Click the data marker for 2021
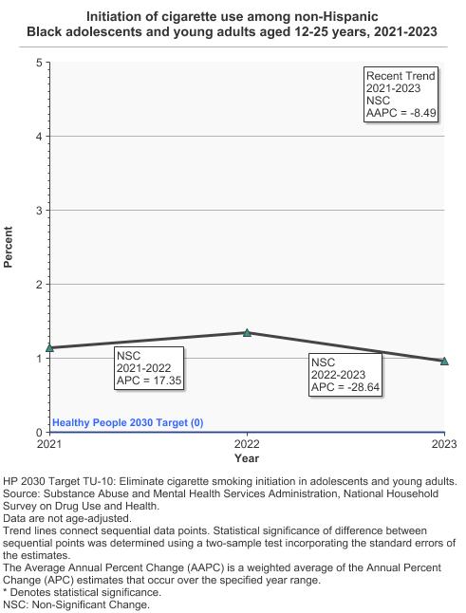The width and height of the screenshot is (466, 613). click(49, 347)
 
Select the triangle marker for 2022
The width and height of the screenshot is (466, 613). click(247, 333)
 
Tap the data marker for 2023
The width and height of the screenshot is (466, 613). click(444, 361)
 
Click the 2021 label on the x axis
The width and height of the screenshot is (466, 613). click(49, 444)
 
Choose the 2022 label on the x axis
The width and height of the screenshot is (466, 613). click(247, 444)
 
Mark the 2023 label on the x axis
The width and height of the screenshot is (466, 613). click(444, 444)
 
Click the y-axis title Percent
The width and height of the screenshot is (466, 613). click(9, 247)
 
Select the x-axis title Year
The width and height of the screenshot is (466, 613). click(247, 459)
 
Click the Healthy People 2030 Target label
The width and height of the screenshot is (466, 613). click(127, 423)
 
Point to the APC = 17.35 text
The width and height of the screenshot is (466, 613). click(148, 381)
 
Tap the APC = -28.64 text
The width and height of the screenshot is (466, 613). click(345, 388)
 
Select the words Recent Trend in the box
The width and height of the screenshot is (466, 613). click(401, 76)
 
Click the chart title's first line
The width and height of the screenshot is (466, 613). click(233, 16)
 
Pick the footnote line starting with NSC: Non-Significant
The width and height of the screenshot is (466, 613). click(76, 604)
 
